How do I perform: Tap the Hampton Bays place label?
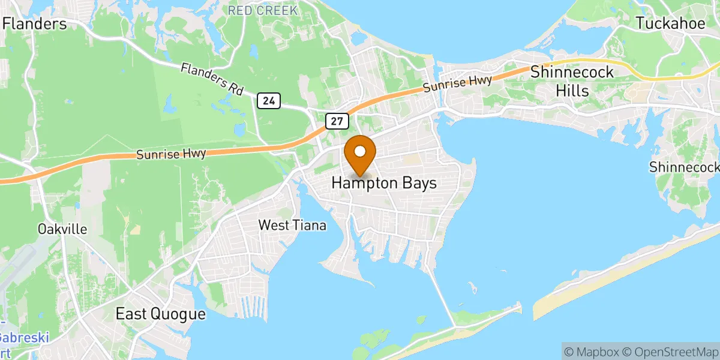[384, 184]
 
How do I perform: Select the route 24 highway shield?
[269, 101]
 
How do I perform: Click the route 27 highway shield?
[337, 121]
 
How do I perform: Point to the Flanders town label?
[35, 24]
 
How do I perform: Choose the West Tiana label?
[292, 226]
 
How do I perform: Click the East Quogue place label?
[160, 314]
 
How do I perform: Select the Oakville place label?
[62, 229]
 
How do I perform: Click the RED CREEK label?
[263, 10]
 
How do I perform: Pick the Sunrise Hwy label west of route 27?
[172, 154]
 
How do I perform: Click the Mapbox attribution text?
[592, 351]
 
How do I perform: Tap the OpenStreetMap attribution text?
[669, 351]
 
